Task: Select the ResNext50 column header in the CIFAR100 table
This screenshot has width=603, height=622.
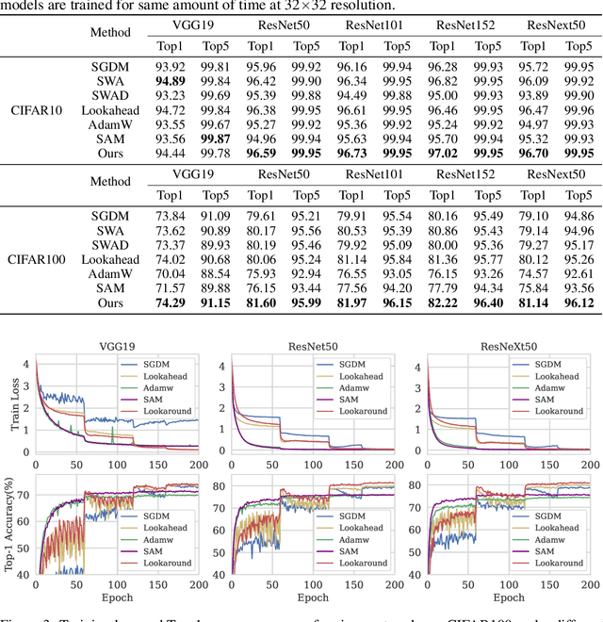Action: pos(556,173)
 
